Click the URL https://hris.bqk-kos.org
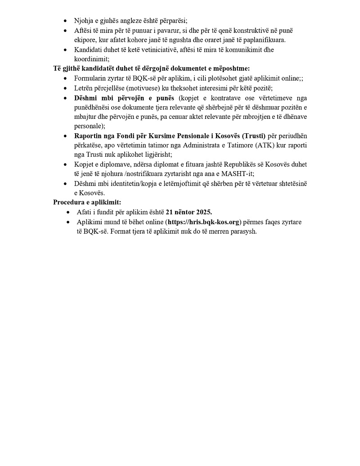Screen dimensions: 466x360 [x=203, y=222]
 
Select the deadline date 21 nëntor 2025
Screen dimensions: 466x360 [x=189, y=212]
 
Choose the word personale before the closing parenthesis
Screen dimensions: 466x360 [x=88, y=126]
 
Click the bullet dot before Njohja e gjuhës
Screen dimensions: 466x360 [x=65, y=21]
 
